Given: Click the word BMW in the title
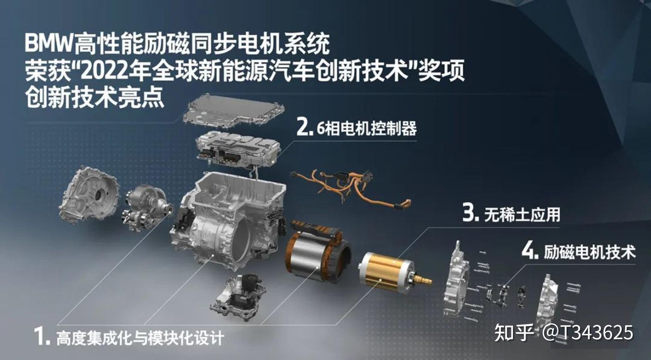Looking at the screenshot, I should (49, 43).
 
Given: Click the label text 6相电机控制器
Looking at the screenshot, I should (366, 128).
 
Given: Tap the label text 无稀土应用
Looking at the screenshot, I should (522, 215).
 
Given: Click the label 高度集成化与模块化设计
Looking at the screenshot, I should (140, 338).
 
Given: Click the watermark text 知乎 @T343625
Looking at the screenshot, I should (563, 332).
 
